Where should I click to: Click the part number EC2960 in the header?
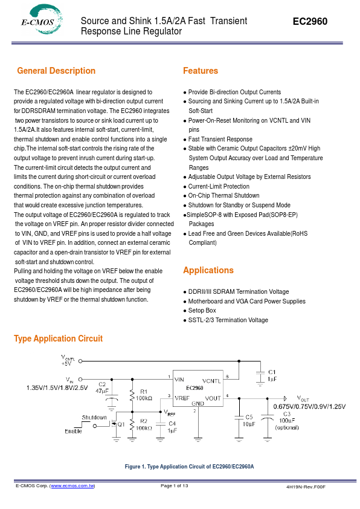click(310, 21)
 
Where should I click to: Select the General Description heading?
click(56, 71)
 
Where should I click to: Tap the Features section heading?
click(200, 71)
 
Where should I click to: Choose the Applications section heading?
click(208, 270)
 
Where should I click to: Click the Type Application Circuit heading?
click(58, 339)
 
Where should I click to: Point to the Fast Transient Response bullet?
click(220, 139)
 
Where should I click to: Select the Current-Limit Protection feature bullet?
click(219, 186)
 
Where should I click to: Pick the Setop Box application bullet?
click(202, 310)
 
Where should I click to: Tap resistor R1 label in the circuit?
click(144, 392)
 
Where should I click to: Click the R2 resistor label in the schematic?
click(144, 420)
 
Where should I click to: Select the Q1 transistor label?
click(121, 424)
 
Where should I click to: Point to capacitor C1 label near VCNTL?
click(272, 372)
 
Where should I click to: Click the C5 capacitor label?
click(248, 417)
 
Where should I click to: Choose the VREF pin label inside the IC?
click(182, 398)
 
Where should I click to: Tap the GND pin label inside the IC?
click(198, 403)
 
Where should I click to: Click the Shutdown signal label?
click(94, 417)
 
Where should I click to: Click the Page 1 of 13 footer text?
click(175, 486)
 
